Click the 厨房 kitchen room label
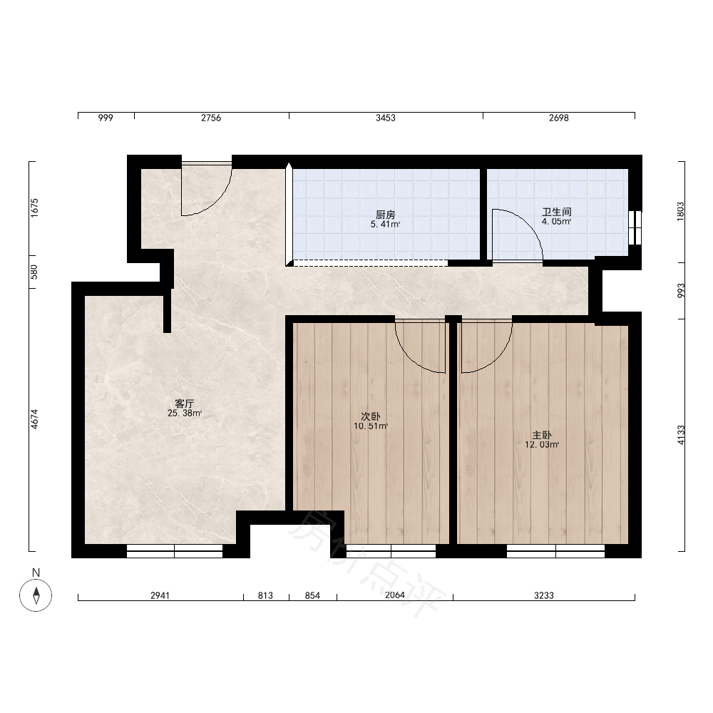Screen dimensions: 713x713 385,215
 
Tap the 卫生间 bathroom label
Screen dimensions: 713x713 557,212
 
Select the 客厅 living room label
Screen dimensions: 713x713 185,404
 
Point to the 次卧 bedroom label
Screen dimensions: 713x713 371,416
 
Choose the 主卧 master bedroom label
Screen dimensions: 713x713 542,435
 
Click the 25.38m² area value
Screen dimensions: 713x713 185,414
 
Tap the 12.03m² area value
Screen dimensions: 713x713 542,445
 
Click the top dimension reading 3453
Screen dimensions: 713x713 386,118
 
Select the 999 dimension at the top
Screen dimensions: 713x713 106,118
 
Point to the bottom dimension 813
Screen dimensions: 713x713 265,595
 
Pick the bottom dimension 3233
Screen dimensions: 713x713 544,595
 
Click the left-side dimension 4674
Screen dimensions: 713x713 34,419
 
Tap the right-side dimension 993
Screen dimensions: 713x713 681,291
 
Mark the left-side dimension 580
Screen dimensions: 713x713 34,272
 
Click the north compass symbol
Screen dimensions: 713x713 36,595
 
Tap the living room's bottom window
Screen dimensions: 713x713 175,551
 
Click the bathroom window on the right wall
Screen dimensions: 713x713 635,228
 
